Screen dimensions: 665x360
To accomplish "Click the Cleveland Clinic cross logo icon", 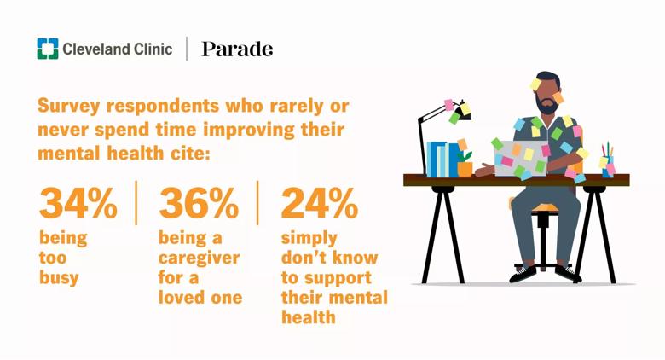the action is [48, 49].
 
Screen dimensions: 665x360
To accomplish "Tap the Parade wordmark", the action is [237, 49].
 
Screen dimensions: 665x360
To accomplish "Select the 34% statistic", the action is [78, 203].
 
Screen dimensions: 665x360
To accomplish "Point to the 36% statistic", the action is [199, 203].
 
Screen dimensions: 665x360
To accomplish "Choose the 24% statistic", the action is [320, 203].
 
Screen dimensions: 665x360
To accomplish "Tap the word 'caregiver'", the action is [199, 258].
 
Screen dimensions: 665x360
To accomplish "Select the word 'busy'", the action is [59, 278].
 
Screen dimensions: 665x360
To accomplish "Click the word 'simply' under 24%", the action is [309, 239].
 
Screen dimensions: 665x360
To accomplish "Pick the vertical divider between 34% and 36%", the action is [136, 202].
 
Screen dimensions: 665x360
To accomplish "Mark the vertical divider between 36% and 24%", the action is [257, 202].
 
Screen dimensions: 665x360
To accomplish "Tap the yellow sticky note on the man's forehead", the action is [535, 84].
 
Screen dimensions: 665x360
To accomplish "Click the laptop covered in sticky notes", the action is [520, 159].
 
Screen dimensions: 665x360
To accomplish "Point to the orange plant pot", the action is [465, 170].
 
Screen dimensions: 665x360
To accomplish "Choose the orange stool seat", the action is [544, 208].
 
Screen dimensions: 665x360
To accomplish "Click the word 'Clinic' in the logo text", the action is [153, 49].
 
